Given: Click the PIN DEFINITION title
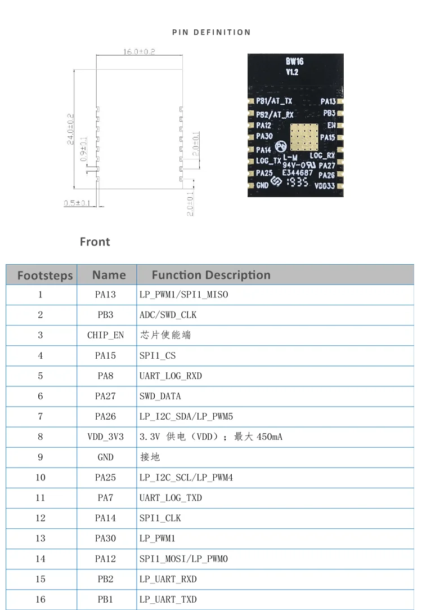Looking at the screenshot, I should click(x=211, y=32).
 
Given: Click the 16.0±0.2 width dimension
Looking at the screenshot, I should click(x=139, y=51).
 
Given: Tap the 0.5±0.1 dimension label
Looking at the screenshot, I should click(x=77, y=203).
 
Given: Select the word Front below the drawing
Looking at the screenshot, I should click(x=95, y=242).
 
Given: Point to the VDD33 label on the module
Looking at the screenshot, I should click(x=325, y=185).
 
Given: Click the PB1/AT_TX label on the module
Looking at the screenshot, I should click(x=274, y=101).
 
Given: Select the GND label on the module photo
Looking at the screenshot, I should click(x=262, y=185).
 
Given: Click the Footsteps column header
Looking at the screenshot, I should click(x=45, y=275).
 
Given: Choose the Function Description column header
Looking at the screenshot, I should click(x=211, y=275).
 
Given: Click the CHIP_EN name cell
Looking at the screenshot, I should click(x=105, y=335).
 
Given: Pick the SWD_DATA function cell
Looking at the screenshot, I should click(x=160, y=397).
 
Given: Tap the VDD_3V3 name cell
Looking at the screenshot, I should click(x=105, y=437).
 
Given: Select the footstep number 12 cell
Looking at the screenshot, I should click(x=41, y=518).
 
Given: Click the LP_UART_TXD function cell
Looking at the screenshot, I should click(x=168, y=599).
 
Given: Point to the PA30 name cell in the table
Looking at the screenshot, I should click(x=105, y=538).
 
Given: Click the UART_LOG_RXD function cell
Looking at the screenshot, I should click(x=170, y=376).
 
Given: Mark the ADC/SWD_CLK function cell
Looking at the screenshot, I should click(x=168, y=315).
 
